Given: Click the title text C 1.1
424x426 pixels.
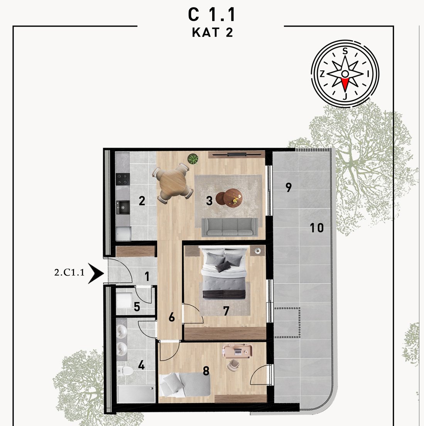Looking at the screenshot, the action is (x=211, y=15).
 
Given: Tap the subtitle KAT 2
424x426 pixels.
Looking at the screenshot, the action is (x=213, y=32).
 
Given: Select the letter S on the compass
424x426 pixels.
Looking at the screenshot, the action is (x=345, y=51).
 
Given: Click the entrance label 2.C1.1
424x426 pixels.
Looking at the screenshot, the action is (x=69, y=272).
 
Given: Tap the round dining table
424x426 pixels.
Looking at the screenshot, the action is (x=172, y=183).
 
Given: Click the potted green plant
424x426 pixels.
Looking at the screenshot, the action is (x=193, y=159).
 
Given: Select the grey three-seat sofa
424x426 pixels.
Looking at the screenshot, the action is (x=230, y=227).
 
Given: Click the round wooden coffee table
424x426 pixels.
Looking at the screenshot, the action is (x=230, y=197).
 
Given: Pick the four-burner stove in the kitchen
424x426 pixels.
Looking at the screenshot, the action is (x=122, y=179).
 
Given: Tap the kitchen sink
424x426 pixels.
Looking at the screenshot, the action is (x=123, y=207).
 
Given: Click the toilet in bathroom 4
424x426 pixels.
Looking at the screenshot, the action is (x=125, y=370).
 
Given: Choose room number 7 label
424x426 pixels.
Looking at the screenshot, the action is (x=226, y=311).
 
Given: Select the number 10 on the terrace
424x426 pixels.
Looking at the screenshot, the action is (x=317, y=228).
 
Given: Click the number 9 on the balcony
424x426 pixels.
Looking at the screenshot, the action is (x=289, y=187).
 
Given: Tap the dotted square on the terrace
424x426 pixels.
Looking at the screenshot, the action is (x=287, y=323).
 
